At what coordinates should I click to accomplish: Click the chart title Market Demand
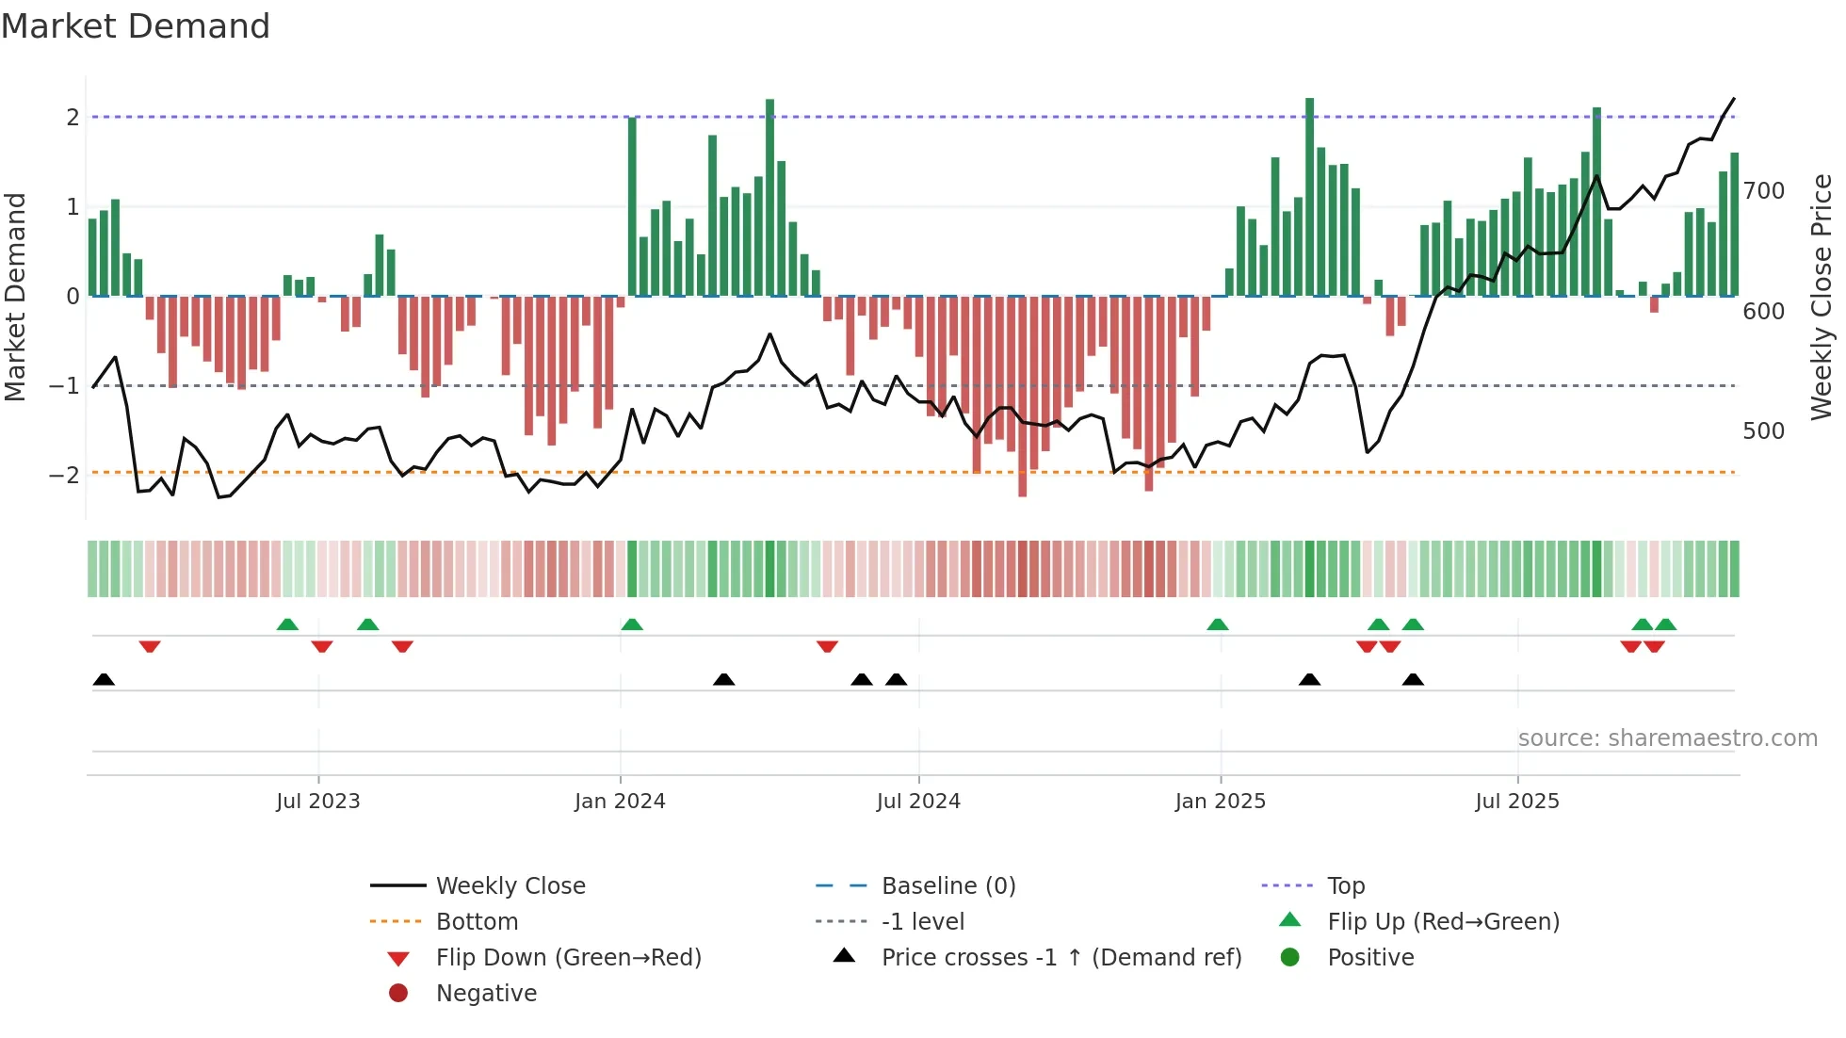(136, 26)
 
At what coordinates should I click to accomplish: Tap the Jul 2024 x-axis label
(918, 802)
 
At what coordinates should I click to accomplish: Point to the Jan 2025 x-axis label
(1221, 802)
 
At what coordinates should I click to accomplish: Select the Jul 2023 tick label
(318, 802)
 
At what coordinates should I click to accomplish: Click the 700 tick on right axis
(1763, 191)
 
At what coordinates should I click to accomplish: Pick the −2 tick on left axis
(65, 475)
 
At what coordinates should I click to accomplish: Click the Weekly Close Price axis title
(1822, 297)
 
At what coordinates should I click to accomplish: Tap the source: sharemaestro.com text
(1667, 738)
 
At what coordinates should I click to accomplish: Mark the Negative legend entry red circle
(398, 994)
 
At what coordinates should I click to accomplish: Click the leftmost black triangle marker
(104, 680)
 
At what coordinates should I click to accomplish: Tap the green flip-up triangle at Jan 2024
(632, 624)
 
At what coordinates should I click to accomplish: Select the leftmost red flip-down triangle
(150, 646)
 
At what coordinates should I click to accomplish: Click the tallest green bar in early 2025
(1309, 198)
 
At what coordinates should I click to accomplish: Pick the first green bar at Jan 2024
(632, 207)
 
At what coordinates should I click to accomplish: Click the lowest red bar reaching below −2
(1022, 396)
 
